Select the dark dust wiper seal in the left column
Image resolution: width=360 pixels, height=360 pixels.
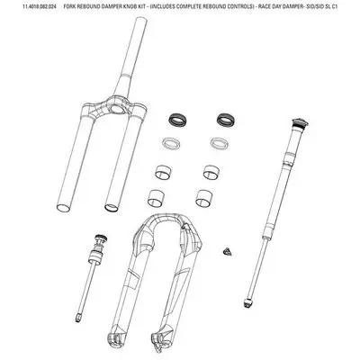[x=175, y=117]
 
